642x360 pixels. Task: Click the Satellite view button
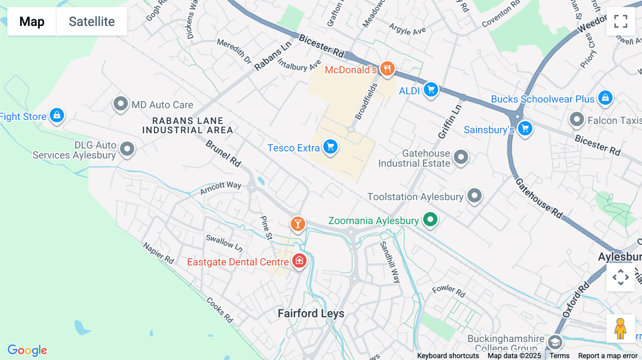pos(92,21)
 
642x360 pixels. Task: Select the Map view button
pos(32,21)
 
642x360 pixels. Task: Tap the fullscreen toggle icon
pos(621,21)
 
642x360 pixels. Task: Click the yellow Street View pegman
pos(620,328)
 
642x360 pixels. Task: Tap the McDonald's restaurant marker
pos(387,68)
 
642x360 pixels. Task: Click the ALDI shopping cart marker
pos(431,89)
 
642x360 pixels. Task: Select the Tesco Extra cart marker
pos(330,146)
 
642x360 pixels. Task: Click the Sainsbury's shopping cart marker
pos(525,128)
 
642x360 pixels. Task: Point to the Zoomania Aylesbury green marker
pos(430,220)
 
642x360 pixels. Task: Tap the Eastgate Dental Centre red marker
pos(299,261)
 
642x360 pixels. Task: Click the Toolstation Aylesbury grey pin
pos(474,196)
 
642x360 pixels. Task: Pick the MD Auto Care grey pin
pos(121,104)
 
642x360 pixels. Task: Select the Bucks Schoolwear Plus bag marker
pos(605,97)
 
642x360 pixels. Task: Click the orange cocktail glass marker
pos(298,224)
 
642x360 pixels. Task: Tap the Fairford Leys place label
pos(311,314)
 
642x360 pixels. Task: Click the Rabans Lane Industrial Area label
pos(188,125)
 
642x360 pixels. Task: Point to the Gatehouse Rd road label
pos(539,198)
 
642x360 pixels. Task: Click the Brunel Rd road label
pos(224,153)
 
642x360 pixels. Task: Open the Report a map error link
pos(608,356)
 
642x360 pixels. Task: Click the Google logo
pos(27,350)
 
